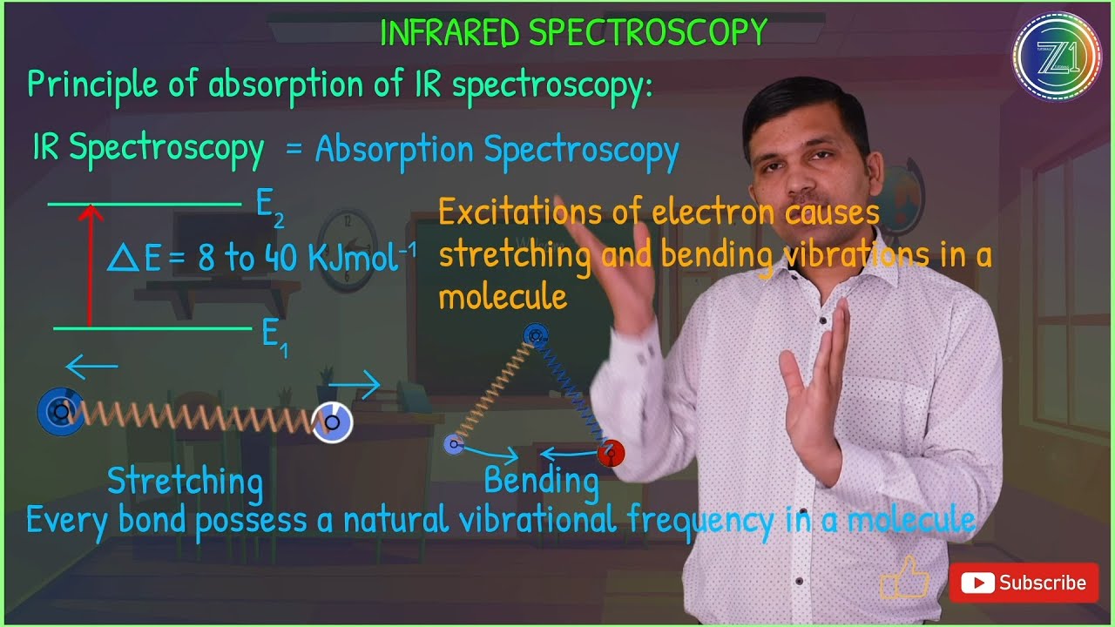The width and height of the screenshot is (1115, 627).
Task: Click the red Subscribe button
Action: coord(1023,583)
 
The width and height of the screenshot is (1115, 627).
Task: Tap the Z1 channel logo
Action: coord(1057,57)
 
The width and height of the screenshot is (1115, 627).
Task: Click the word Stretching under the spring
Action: coord(185,481)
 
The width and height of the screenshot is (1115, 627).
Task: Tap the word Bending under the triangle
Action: coord(541,480)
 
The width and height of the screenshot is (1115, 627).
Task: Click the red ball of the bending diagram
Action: coord(611,453)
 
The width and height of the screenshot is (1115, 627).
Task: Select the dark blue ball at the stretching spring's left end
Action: coord(60,411)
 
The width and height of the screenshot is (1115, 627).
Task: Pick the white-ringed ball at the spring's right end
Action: coord(332,422)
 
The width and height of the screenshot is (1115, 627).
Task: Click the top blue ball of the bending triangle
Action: coord(535,334)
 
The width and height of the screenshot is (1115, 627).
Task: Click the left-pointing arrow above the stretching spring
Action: coord(91,367)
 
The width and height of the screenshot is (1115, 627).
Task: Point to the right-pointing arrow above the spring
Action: coord(355,384)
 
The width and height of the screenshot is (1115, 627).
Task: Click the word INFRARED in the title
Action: coord(450,33)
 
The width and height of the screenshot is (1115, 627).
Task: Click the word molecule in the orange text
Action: coord(503,297)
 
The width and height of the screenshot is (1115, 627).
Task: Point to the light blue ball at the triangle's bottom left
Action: coord(453,445)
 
